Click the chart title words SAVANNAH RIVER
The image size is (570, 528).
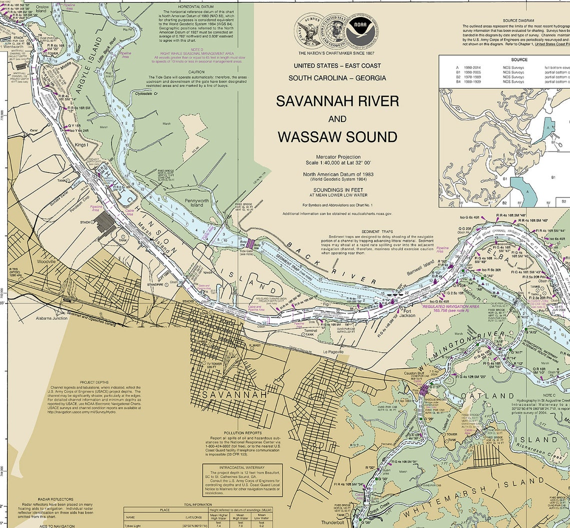pyautogui.click(x=337, y=101)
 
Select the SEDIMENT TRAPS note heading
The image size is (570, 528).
pyautogui.click(x=377, y=232)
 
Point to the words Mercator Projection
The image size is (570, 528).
pyautogui.click(x=337, y=157)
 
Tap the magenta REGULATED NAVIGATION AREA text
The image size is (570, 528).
pyautogui.click(x=450, y=306)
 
